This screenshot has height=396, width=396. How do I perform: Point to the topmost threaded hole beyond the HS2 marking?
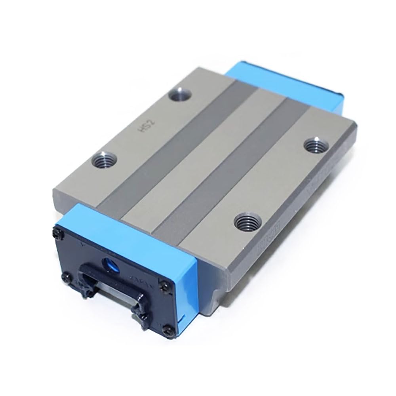[181, 95]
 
